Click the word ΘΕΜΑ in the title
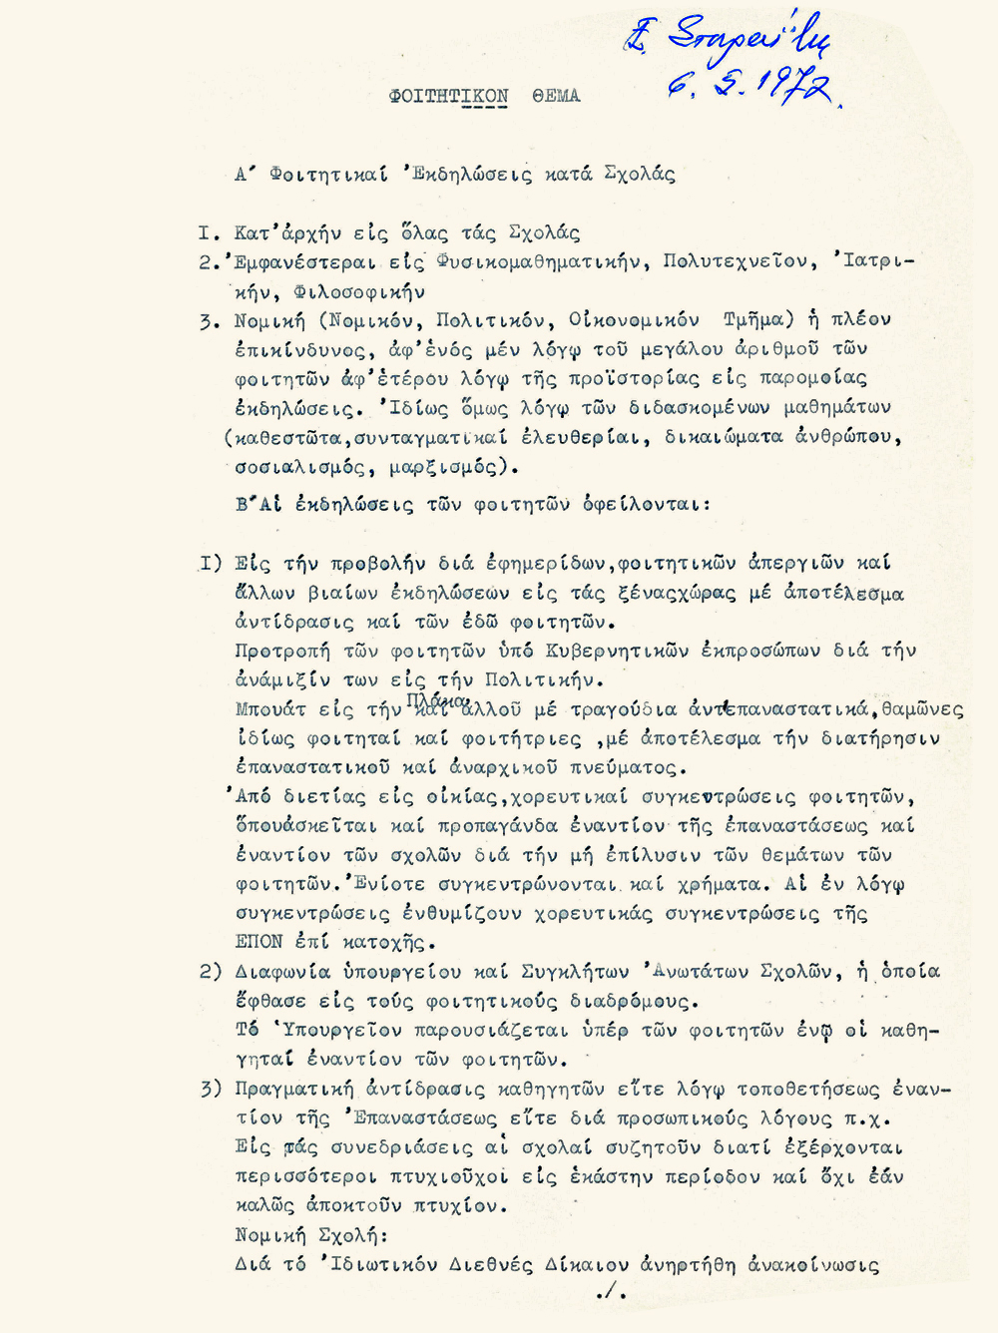[556, 96]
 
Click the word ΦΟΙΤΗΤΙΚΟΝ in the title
[449, 96]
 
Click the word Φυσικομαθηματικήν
[537, 261]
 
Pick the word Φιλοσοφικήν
[359, 291]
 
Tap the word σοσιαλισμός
[300, 466]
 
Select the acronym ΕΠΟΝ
[258, 941]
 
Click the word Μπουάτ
[269, 709]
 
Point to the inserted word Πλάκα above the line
[437, 700]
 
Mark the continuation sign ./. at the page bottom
[610, 1292]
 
